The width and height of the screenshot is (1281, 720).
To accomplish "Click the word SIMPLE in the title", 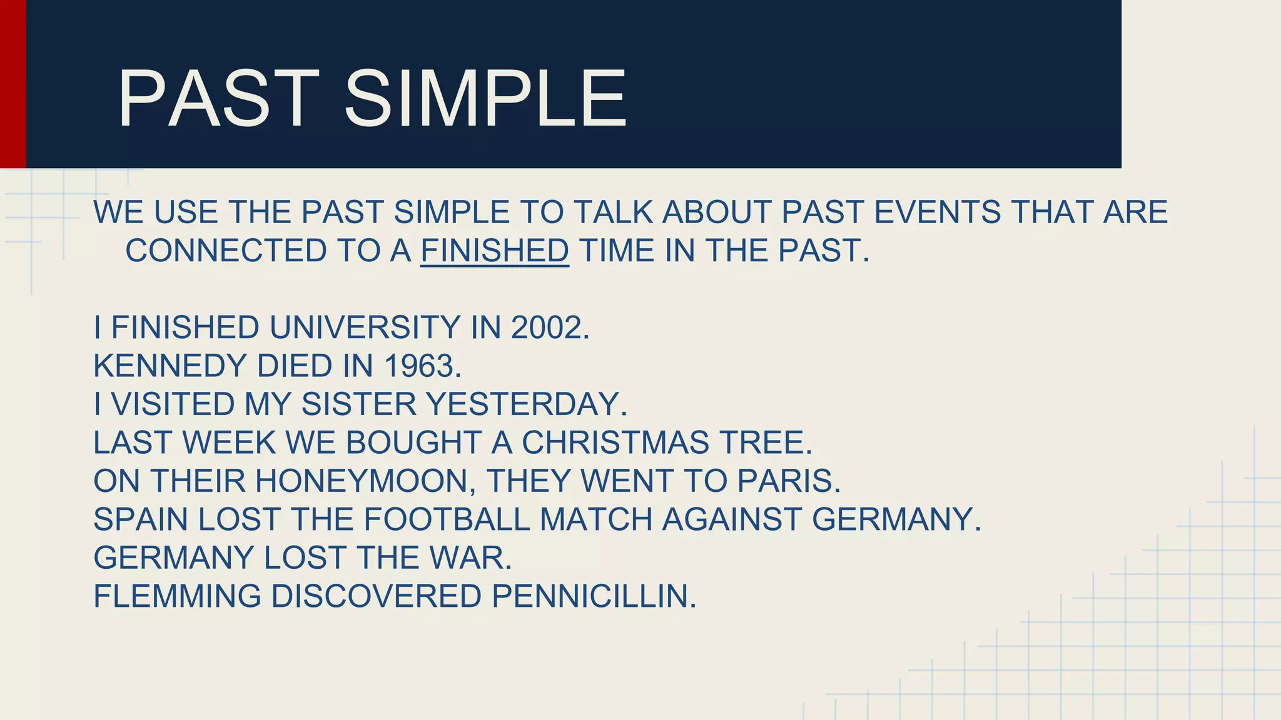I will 485,99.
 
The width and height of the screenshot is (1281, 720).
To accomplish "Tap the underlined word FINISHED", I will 494,251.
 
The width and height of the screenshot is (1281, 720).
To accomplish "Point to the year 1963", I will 422,366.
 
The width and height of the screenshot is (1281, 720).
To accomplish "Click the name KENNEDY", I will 170,366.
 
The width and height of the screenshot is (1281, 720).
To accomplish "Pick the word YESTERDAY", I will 526,404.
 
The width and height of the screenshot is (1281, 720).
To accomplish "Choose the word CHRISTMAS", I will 615,443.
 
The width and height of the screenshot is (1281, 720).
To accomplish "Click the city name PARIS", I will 789,481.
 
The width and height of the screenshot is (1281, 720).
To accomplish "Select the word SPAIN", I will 141,520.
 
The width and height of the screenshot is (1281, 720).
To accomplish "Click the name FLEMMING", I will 177,596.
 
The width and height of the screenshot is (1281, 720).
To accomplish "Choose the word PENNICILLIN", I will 594,596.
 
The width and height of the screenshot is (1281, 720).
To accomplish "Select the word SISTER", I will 358,404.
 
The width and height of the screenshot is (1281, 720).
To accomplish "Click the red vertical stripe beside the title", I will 13,84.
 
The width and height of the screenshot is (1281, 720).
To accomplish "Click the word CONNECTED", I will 225,251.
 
